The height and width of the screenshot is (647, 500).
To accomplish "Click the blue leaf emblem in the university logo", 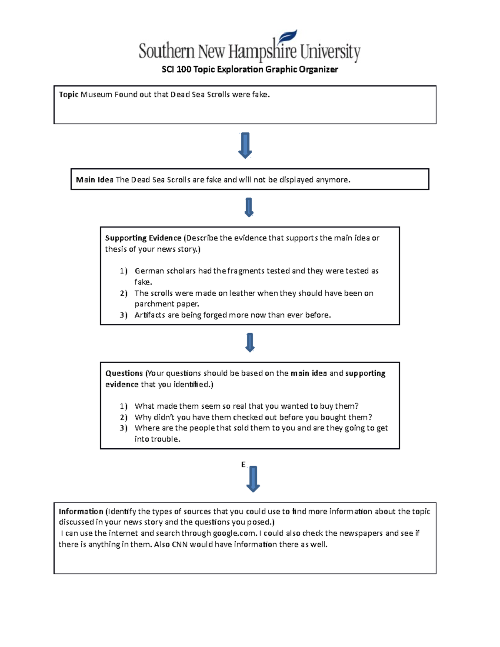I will coord(287,37).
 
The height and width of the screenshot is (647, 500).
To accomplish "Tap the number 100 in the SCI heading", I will coord(184,69).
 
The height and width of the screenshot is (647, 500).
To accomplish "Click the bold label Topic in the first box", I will coord(68,95).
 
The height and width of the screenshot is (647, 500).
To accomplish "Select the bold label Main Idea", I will coord(95,180).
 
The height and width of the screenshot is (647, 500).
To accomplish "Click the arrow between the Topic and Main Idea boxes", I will coord(245,145).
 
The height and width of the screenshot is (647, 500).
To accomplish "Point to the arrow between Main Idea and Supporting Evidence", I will coord(249,207).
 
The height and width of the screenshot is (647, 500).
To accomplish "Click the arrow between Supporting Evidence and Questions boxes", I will coord(250,342).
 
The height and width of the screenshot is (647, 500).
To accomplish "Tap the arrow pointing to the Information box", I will coord(253,479).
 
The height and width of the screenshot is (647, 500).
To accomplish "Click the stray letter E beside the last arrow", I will coord(243,465).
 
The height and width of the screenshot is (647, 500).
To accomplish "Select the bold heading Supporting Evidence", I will coord(143,238).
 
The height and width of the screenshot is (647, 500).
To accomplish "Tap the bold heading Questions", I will coord(124,373).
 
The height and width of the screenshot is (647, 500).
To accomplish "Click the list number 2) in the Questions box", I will coord(123,417).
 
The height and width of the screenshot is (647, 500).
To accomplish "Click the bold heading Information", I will coord(81,511).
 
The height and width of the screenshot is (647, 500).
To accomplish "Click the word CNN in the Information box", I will coord(180,544).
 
